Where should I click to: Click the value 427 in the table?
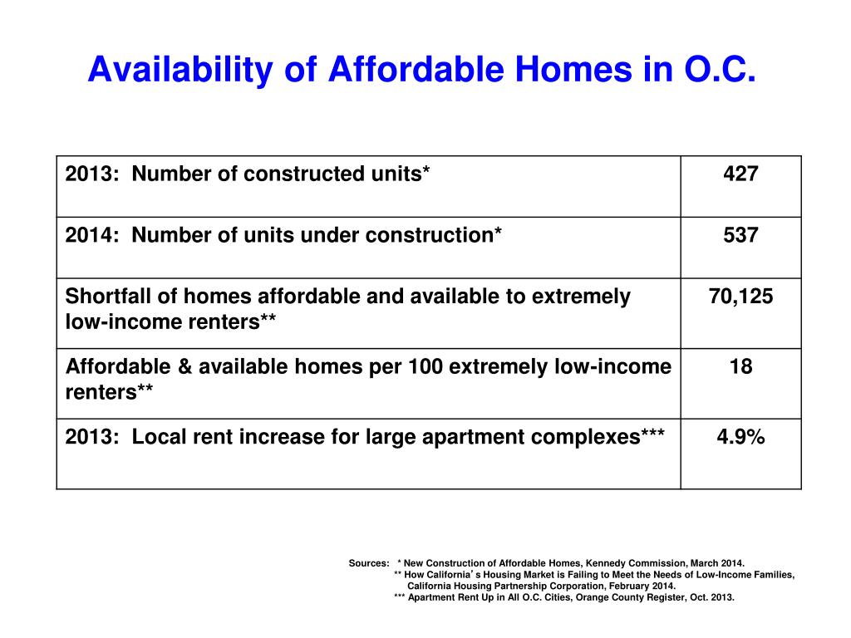[740, 174]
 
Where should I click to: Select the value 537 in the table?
[740, 236]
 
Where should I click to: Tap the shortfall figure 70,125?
[740, 297]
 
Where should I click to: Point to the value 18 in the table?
[740, 366]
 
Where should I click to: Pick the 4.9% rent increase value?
[740, 437]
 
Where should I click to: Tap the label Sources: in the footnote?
[369, 563]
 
